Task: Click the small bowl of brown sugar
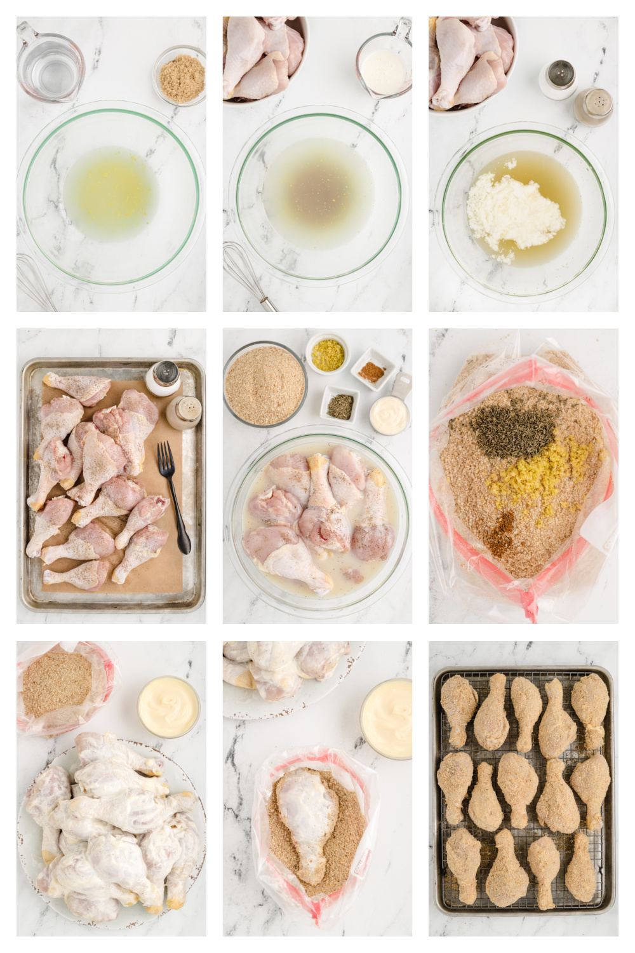[x=181, y=77]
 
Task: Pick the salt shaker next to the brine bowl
[x=557, y=80]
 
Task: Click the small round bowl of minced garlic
[x=327, y=354]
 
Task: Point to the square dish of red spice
[x=371, y=370]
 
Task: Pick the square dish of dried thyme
[x=340, y=405]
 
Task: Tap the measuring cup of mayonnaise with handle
[x=389, y=414]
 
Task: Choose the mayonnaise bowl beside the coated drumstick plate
[x=168, y=706]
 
